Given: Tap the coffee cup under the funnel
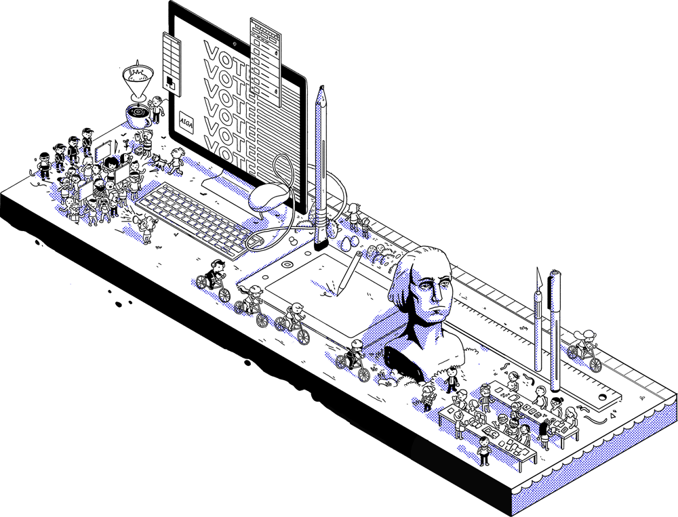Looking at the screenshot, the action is point(139,115).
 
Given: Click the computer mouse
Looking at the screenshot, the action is point(269,197).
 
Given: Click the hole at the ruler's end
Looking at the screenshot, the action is point(603,397).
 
